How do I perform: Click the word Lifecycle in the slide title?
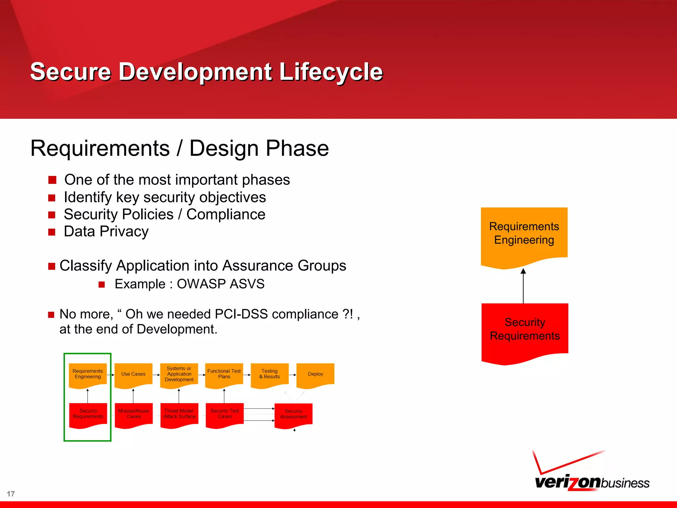coord(331,72)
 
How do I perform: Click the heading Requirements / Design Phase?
coord(179,148)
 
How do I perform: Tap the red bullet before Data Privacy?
coord(52,232)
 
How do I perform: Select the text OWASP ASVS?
coord(220,284)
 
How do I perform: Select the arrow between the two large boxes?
coord(523,286)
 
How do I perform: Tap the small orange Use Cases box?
coord(133,374)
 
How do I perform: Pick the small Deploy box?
coord(315,374)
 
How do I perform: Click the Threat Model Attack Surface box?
coord(179,414)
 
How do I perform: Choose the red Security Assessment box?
coord(294,414)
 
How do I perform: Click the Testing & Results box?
coord(269,374)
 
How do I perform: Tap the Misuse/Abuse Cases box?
coord(134,414)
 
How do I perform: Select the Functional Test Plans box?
coord(224,374)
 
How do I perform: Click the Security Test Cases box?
coord(224,414)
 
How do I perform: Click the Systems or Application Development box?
coord(179,374)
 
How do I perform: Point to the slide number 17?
coord(11,494)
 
